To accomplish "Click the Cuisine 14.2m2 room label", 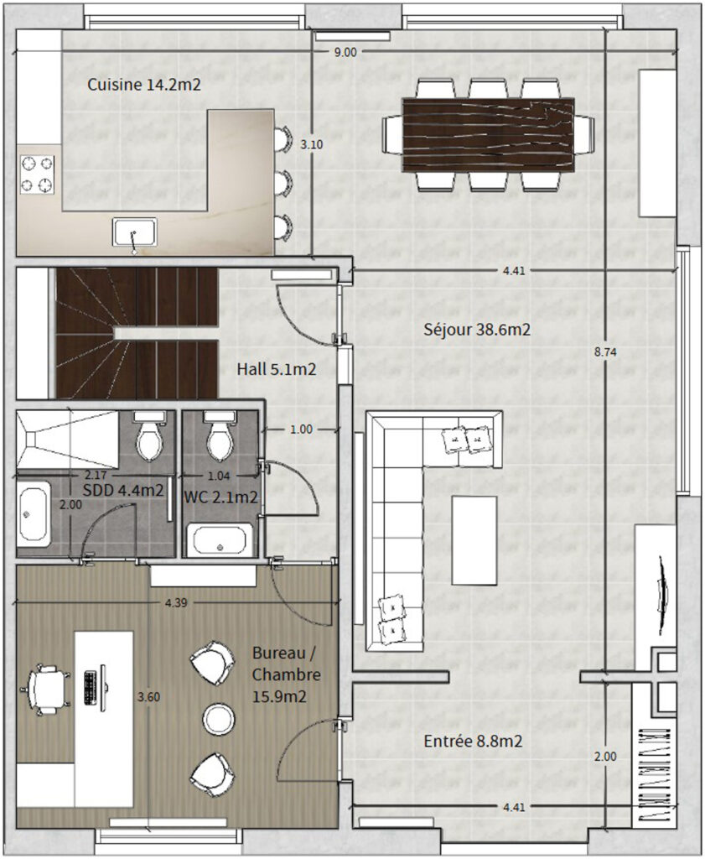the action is click(x=144, y=85).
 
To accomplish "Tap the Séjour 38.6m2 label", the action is click(x=477, y=329).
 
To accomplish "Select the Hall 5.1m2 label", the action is click(x=277, y=369).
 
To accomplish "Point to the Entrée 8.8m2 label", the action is click(x=473, y=742).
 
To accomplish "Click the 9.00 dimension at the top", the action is click(x=345, y=52).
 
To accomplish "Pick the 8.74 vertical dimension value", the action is click(x=605, y=352).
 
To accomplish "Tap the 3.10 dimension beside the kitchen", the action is click(x=312, y=144).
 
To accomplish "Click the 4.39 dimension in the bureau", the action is click(x=176, y=602).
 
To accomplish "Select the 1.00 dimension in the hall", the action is click(x=301, y=429).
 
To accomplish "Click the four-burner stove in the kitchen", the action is click(x=37, y=174).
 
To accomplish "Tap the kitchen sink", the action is click(x=135, y=232).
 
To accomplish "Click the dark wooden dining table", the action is click(x=488, y=135).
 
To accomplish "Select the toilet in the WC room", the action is click(x=220, y=435).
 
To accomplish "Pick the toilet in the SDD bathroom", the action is click(x=149, y=435).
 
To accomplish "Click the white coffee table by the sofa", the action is click(x=474, y=540).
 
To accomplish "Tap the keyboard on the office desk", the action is click(x=91, y=688).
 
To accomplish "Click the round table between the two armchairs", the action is click(x=219, y=719).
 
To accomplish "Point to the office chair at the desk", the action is click(x=45, y=690).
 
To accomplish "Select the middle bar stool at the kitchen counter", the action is click(x=282, y=183).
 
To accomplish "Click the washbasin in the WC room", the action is click(x=220, y=540).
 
